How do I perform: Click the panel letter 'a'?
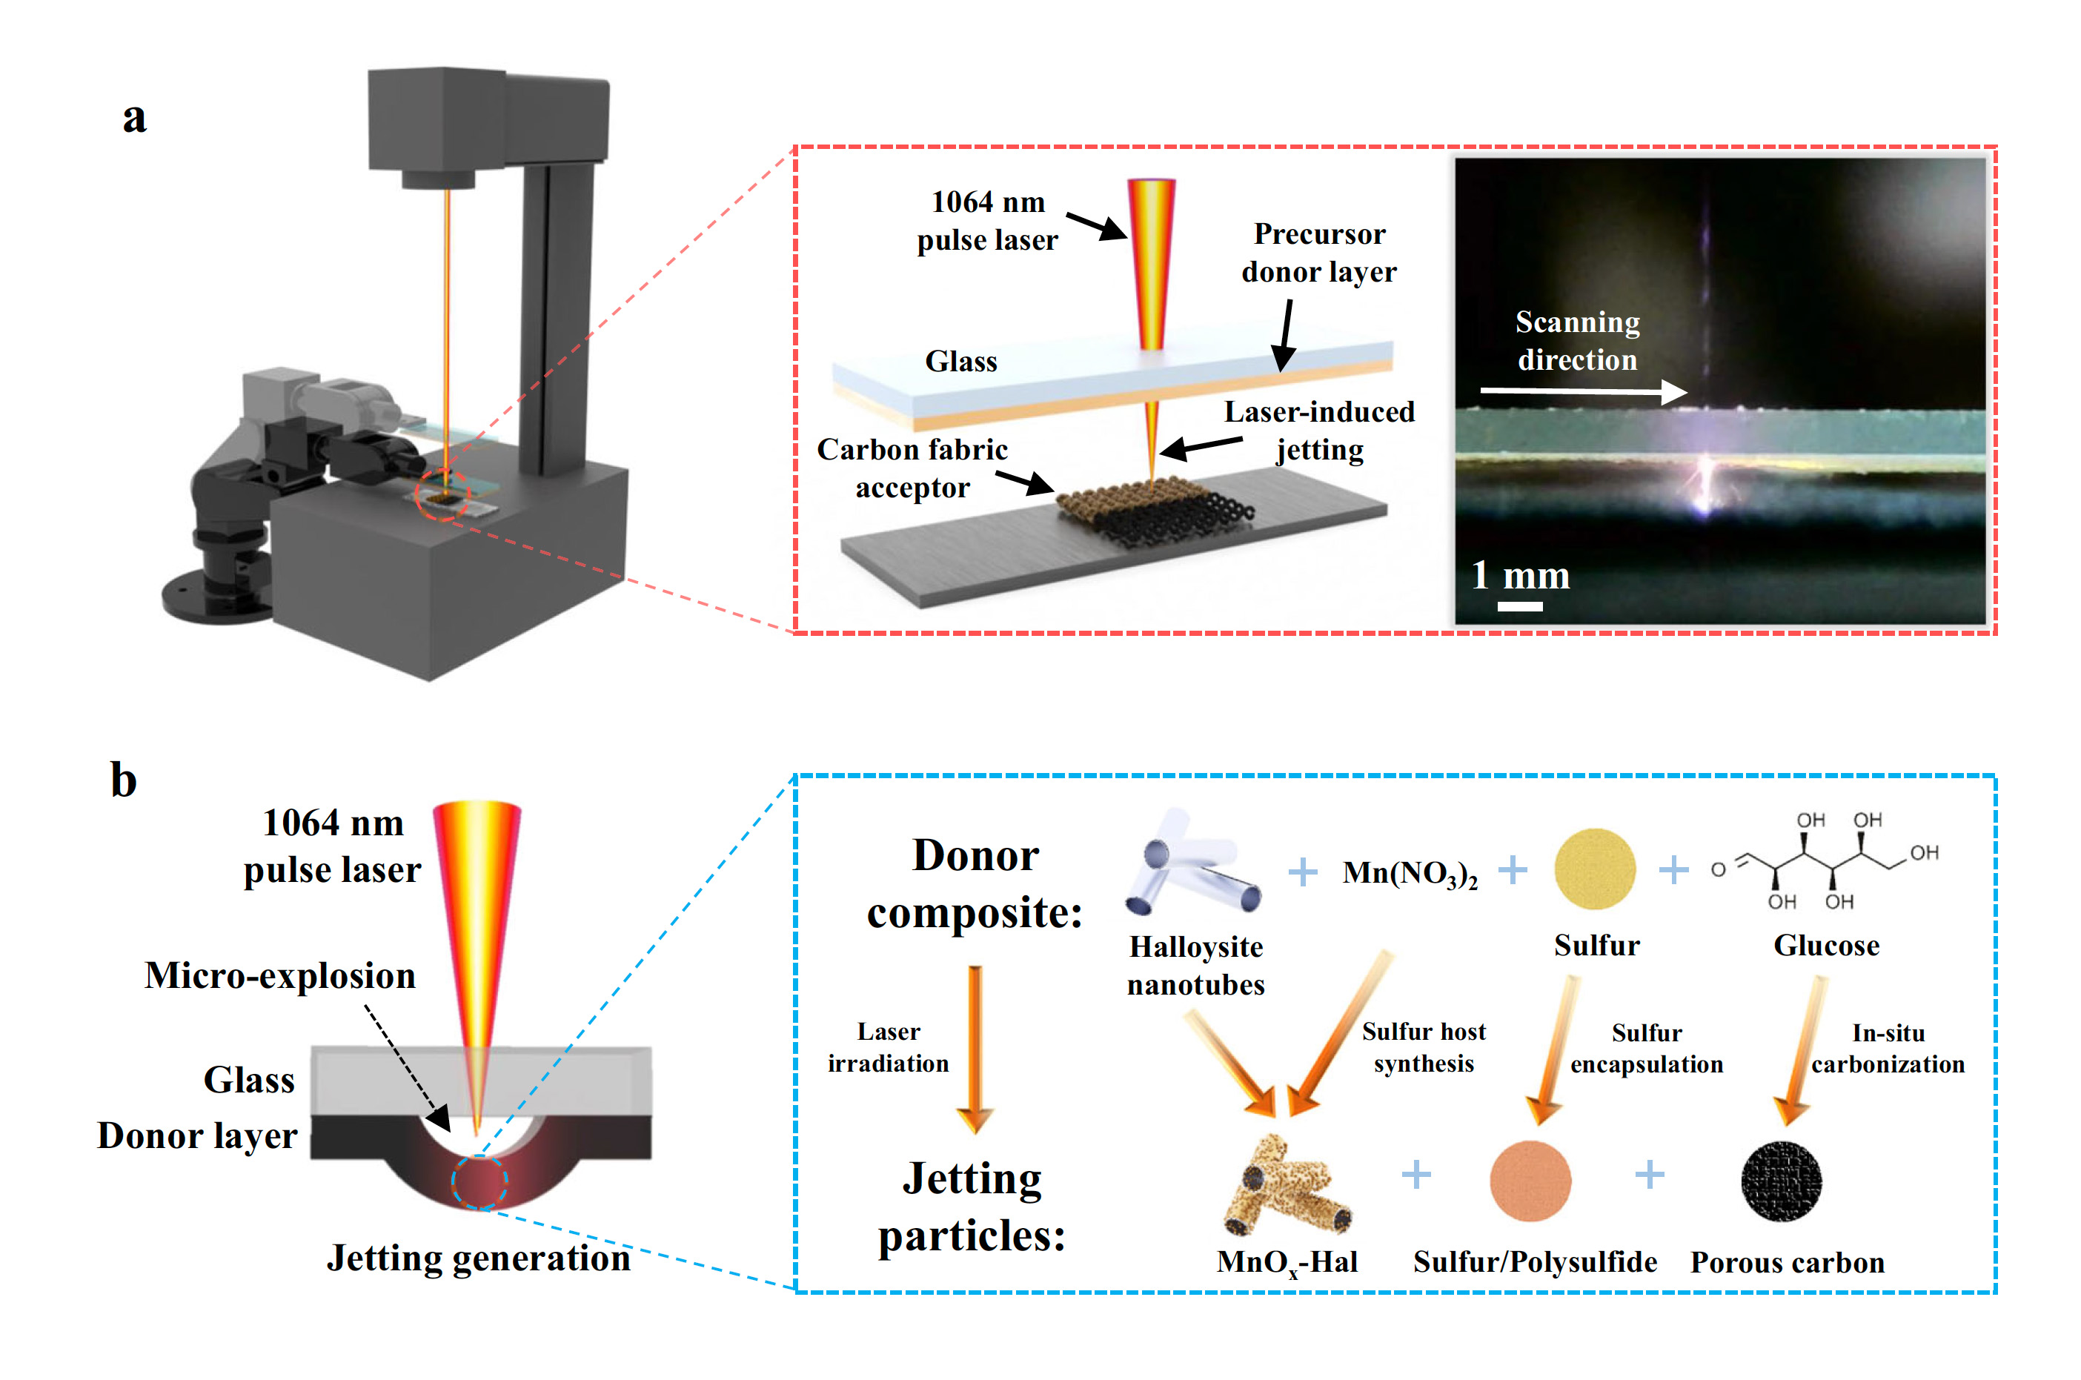pos(133,118)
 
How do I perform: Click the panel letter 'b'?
pos(123,780)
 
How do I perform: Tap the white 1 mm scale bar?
pos(1519,606)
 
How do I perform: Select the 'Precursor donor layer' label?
pos(1318,253)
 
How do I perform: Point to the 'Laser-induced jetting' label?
pos(1318,431)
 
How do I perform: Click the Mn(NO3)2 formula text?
pos(1409,873)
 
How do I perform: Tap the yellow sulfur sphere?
pos(1594,869)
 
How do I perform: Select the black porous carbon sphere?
pos(1781,1181)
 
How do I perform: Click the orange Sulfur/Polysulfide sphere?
pos(1530,1181)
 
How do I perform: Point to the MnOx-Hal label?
pos(1287,1262)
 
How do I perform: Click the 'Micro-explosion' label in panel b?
pos(280,976)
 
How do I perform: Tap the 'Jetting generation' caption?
pos(478,1258)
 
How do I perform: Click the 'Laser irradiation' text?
pos(888,1047)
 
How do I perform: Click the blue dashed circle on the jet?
pos(479,1182)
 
